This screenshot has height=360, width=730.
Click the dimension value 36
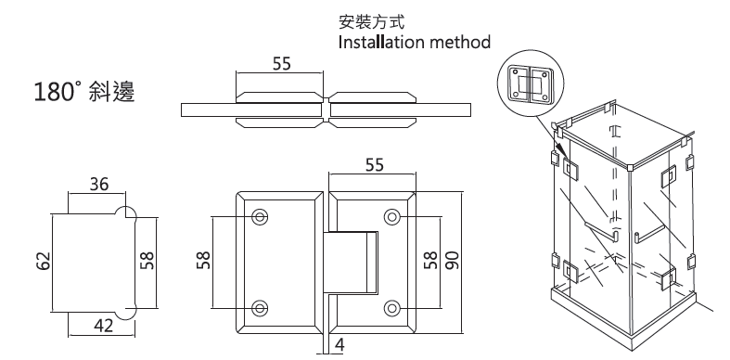(x=98, y=185)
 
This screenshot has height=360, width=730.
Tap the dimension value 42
(x=103, y=326)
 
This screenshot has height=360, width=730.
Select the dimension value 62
(x=43, y=261)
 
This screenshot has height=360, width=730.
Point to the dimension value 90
(x=452, y=260)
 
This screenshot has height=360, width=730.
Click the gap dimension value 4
(x=339, y=345)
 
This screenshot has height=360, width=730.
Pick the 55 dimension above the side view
(x=281, y=63)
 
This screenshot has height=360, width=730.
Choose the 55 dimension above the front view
(x=375, y=164)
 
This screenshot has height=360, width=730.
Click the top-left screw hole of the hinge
(x=259, y=216)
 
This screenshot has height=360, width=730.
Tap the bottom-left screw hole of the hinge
(x=259, y=307)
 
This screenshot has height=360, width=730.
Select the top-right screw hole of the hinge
(x=392, y=216)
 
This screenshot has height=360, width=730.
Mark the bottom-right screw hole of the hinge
(x=392, y=307)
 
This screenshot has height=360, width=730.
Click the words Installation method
(x=415, y=43)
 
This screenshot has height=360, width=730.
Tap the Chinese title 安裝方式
(x=372, y=21)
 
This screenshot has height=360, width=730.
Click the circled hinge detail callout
(x=531, y=83)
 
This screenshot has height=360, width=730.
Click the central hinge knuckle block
(x=351, y=263)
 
